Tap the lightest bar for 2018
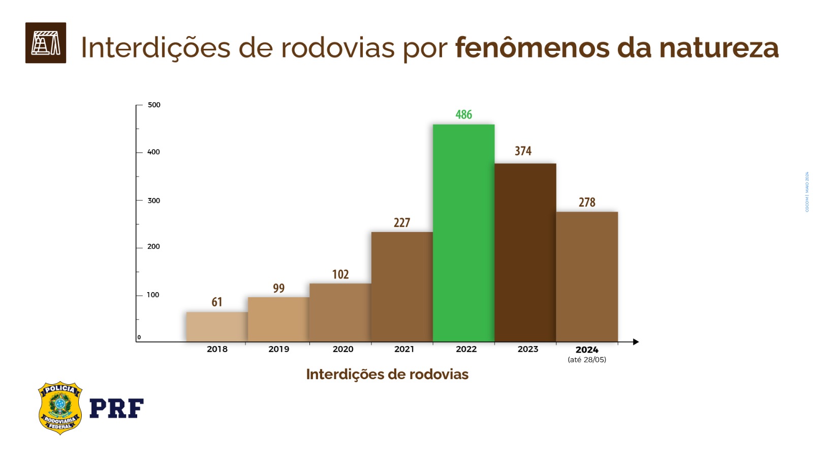217,327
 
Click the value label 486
463,114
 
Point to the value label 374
523,151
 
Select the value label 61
217,302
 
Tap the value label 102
340,275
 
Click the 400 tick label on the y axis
153,152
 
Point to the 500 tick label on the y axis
154,105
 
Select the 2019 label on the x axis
278,349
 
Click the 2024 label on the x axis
587,350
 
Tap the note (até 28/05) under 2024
587,360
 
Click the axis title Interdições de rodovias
387,375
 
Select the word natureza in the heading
718,48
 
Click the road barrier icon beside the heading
46,43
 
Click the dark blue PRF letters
116,408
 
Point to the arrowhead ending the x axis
636,342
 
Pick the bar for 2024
587,277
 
